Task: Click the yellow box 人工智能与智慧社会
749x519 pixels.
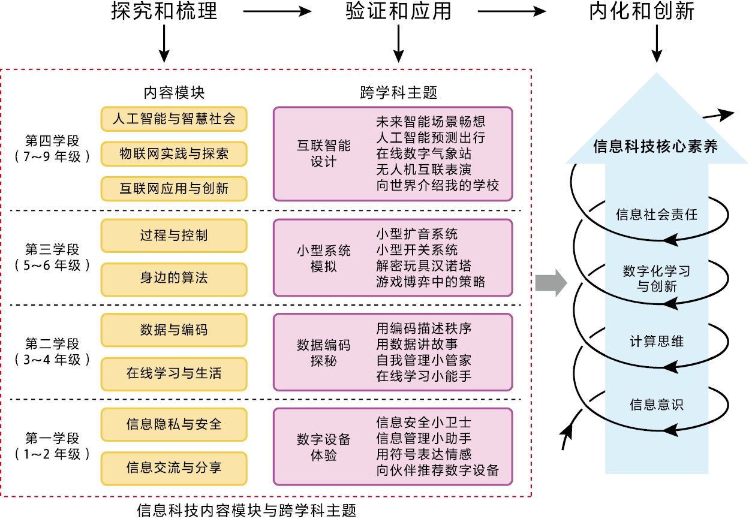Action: coord(174,119)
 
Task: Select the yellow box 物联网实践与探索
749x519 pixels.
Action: coord(174,153)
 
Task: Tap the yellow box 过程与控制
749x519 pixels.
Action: coord(174,236)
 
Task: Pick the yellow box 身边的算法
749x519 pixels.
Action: coord(174,279)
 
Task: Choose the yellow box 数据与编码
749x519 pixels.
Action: coord(174,330)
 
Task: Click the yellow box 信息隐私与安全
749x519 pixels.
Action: coord(174,424)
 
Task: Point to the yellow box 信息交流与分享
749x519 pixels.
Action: coord(174,467)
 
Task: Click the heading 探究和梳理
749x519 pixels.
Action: coord(164,12)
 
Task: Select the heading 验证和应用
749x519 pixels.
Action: coord(398,12)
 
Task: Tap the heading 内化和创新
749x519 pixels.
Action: coord(642,12)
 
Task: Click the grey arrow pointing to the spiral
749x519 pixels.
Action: coord(551,283)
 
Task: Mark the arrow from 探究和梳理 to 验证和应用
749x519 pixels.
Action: coord(277,11)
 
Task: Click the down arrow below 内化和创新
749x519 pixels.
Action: coord(658,46)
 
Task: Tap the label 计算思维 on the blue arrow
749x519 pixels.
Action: coord(657,342)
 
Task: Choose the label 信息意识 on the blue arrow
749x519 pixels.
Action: coord(657,405)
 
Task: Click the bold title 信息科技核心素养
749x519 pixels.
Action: coord(655,147)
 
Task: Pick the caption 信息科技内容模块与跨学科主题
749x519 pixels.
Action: coord(246,511)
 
